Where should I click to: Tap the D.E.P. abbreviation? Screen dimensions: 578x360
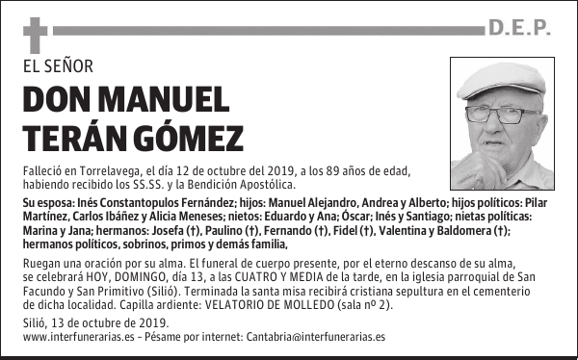click(519, 30)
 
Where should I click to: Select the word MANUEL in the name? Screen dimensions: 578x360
click(161, 100)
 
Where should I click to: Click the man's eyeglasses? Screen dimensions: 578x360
click(502, 115)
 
